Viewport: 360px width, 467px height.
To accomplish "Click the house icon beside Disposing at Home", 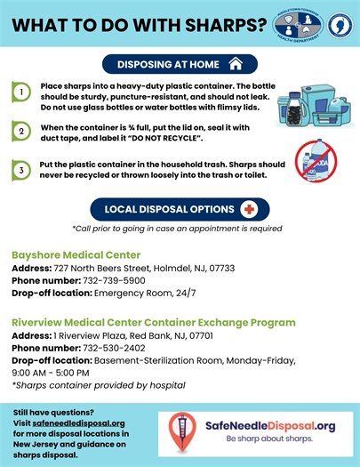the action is [236, 63].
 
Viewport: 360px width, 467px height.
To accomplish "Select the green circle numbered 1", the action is [20, 92].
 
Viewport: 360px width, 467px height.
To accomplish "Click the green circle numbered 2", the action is [20, 132].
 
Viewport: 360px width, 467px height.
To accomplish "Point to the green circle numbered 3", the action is [20, 169].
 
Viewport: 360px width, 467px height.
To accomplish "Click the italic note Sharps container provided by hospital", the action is [99, 385].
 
